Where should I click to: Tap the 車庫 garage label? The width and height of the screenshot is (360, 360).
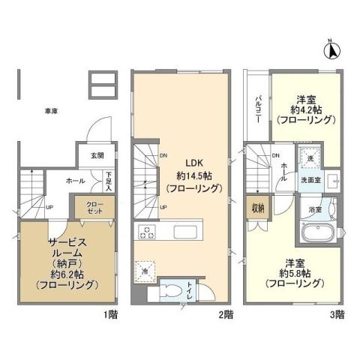(50, 111)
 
